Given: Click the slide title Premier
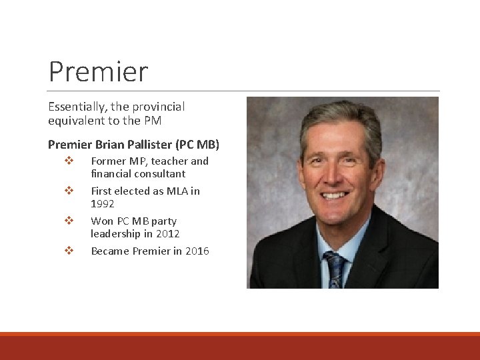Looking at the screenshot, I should pyautogui.click(x=98, y=71).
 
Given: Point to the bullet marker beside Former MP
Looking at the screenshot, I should pyautogui.click(x=68, y=161).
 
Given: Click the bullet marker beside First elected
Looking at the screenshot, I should pyautogui.click(x=68, y=191).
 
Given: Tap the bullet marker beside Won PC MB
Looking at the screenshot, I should pyautogui.click(x=68, y=221).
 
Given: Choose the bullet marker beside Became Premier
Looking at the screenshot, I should pyautogui.click(x=68, y=251).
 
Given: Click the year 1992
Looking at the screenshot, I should pyautogui.click(x=103, y=204).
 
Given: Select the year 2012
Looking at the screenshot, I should pyautogui.click(x=167, y=234).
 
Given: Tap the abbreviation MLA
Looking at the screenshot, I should pyautogui.click(x=175, y=191).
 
